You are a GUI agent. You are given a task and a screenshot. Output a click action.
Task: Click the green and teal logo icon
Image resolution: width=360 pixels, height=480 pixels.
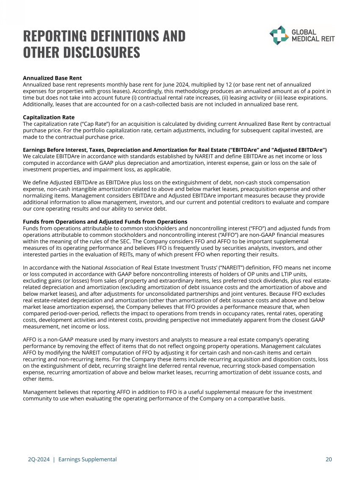click(x=279, y=35)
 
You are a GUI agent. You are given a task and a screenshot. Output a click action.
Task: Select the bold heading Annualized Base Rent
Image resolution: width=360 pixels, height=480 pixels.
click(x=52, y=78)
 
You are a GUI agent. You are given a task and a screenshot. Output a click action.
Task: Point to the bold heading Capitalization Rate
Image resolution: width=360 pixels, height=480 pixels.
click(x=49, y=117)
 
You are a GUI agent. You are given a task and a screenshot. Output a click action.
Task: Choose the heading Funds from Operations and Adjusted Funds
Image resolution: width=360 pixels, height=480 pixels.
click(x=105, y=222)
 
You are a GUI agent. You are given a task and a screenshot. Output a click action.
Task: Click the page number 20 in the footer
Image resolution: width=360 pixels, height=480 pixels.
click(x=329, y=459)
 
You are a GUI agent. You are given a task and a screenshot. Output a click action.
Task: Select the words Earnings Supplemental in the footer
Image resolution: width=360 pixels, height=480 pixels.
click(x=87, y=459)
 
